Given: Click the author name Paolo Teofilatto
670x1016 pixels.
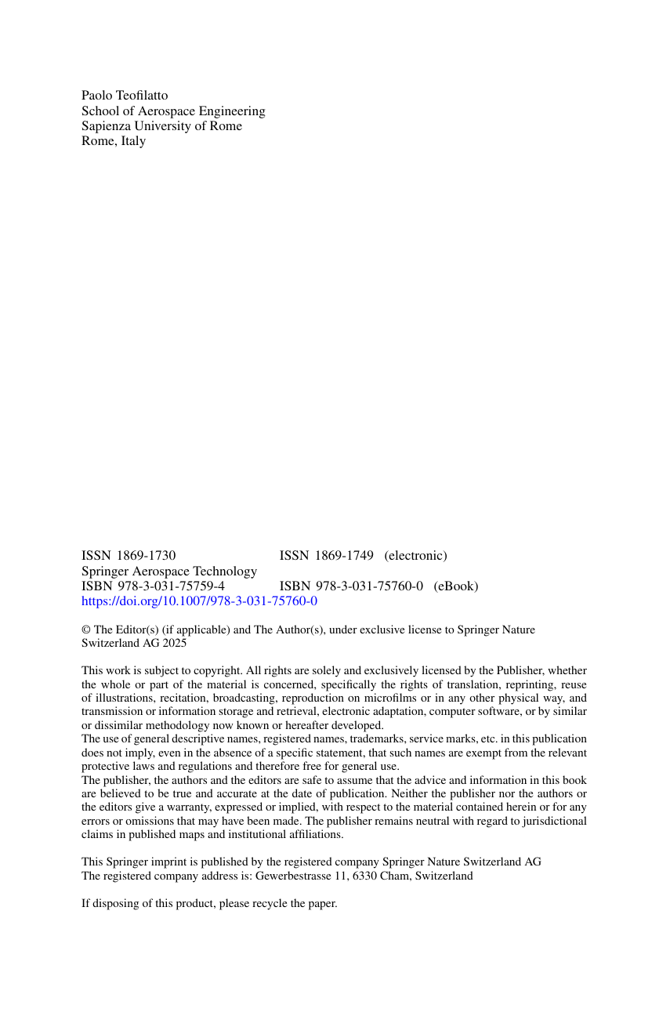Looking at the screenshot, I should point(125,96).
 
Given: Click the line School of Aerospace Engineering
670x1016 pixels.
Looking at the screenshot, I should point(173,111).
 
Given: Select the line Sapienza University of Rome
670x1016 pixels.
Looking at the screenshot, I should point(161,126).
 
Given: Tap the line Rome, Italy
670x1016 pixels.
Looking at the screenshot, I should point(114,142).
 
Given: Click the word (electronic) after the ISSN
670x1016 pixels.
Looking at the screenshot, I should point(415,556).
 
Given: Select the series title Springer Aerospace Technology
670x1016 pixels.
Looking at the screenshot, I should point(169,571).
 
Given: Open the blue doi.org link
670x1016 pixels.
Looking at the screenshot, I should point(199,601).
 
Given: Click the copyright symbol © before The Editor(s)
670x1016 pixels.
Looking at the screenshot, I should point(85,630).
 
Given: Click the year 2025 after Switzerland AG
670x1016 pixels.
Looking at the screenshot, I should point(174,643).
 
